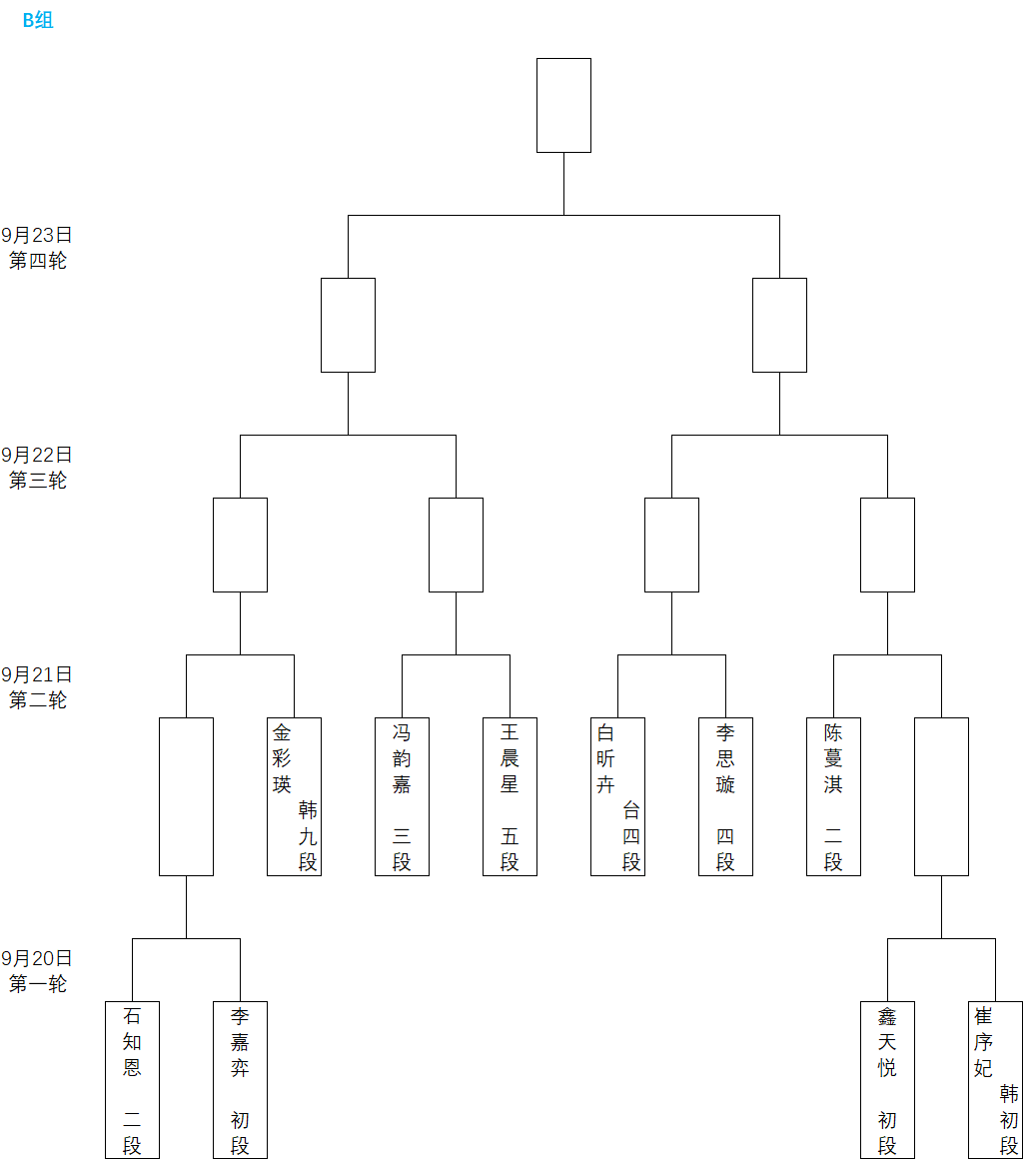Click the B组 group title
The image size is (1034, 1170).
tap(38, 20)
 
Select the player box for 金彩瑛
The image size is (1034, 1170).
tap(294, 796)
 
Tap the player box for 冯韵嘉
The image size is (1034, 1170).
tap(402, 796)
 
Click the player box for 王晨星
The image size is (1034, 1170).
tap(510, 796)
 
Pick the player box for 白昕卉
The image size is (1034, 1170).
tap(617, 796)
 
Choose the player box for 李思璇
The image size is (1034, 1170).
tap(725, 796)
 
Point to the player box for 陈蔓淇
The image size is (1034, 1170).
tap(833, 796)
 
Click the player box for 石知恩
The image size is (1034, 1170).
tap(132, 1080)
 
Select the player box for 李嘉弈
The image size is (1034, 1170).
tap(240, 1080)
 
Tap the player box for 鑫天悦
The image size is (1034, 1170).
tap(887, 1080)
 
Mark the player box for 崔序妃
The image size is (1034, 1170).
tap(995, 1080)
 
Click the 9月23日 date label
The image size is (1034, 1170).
tap(37, 236)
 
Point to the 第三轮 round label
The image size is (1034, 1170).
tap(38, 481)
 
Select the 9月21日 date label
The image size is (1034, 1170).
tap(37, 675)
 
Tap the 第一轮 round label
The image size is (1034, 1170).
tap(38, 984)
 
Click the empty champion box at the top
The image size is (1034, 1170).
tap(563, 105)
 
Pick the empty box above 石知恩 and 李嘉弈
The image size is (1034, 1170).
tap(186, 796)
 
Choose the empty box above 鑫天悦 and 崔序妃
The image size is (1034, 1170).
tap(941, 796)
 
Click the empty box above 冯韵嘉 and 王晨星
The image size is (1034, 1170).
tap(456, 545)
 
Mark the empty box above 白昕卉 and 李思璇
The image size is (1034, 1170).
tap(671, 545)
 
